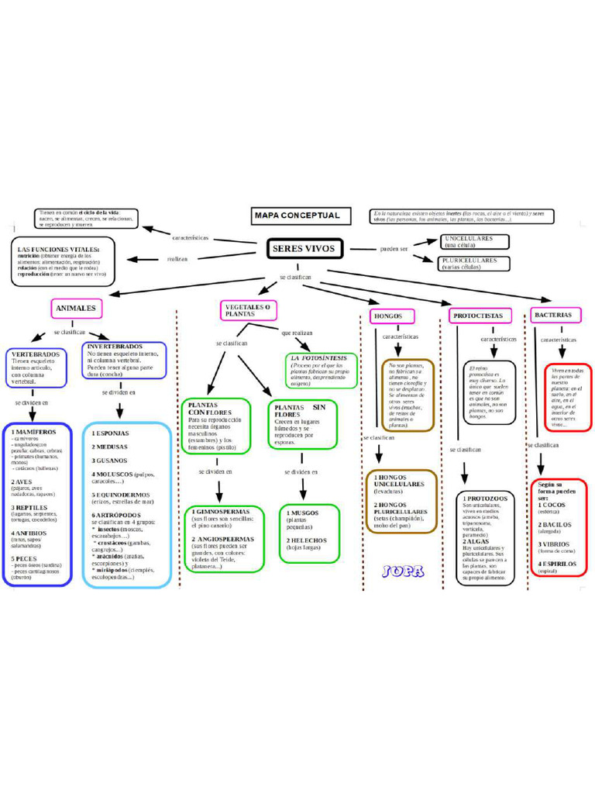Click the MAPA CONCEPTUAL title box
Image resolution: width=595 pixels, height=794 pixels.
tap(297, 216)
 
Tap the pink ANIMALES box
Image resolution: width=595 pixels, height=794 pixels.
tap(76, 309)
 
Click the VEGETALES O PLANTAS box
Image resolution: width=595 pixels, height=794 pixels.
tap(248, 311)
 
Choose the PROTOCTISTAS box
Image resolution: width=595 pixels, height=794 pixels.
tap(477, 316)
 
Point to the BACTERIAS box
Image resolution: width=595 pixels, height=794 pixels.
tap(553, 315)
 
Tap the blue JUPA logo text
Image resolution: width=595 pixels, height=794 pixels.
tap(402, 571)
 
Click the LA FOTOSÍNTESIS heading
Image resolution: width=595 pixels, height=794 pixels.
tap(318, 357)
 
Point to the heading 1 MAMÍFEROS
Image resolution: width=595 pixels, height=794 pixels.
tap(33, 431)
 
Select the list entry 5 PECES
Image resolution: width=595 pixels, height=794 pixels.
tap(24, 558)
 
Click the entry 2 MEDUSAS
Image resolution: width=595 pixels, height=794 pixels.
tap(110, 447)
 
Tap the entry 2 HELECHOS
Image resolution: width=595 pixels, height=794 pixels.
tap(308, 540)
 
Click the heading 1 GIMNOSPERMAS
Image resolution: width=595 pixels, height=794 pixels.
tap(221, 512)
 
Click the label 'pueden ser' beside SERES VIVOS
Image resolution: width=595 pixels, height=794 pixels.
tap(394, 249)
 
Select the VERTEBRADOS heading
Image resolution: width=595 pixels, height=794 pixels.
tap(34, 354)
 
